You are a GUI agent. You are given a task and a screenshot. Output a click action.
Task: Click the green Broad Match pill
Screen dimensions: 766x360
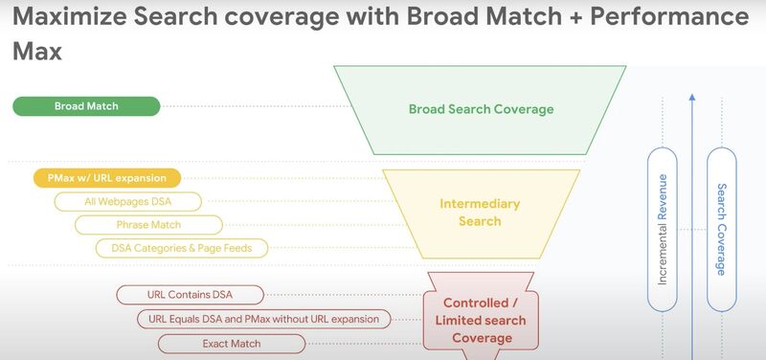[86, 106]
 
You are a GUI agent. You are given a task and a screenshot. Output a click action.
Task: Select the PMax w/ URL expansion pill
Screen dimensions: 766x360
[107, 178]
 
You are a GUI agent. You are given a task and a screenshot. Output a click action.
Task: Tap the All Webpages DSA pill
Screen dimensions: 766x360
[128, 201]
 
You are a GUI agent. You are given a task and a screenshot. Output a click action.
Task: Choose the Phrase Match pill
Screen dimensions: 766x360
[148, 225]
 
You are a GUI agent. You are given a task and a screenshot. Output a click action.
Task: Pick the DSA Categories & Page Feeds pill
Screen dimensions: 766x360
[182, 248]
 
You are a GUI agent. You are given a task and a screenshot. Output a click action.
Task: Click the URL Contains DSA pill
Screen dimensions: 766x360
[190, 295]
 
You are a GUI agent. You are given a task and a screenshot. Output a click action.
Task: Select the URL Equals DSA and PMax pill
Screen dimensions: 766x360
[264, 319]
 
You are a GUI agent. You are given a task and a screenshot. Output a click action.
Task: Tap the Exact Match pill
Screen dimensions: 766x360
[232, 344]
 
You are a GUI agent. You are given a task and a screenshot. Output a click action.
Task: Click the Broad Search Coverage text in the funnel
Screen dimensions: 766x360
[482, 109]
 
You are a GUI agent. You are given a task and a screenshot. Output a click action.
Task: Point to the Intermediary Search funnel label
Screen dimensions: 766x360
[480, 213]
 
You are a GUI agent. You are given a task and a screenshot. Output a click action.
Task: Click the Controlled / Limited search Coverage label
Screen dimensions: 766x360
[481, 321]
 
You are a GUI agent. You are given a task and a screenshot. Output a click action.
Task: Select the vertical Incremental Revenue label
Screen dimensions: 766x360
[663, 230]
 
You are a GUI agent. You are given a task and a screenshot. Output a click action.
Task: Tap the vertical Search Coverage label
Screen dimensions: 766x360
[722, 230]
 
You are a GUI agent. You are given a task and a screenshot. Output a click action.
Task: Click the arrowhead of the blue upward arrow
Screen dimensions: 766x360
[692, 98]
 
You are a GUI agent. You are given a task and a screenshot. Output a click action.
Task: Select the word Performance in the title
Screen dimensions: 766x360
[669, 17]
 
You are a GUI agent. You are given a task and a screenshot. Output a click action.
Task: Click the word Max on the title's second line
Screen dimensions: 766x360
[37, 51]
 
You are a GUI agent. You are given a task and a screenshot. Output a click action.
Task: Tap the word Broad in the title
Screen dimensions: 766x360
[442, 17]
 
